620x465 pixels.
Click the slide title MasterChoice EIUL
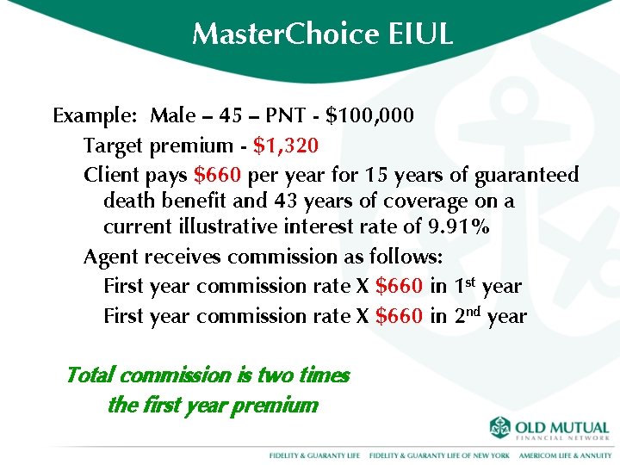coord(322,34)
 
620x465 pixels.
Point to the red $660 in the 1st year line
coord(399,286)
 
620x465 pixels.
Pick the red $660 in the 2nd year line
coord(399,316)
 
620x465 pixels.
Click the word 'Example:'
coord(95,115)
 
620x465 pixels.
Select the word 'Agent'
coord(110,257)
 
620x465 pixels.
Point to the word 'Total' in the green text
coord(90,375)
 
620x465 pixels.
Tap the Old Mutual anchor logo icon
coord(500,428)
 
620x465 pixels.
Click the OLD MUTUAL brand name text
coord(562,427)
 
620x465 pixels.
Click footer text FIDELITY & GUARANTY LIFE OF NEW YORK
coord(439,454)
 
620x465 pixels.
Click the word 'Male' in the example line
coord(171,115)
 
